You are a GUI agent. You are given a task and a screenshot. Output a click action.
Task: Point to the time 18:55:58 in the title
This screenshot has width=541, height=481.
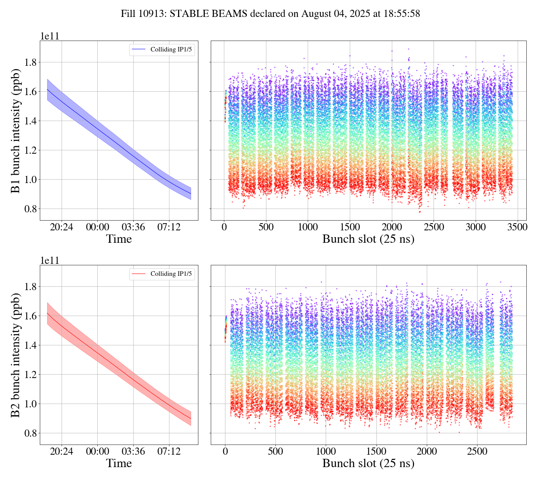pos(402,14)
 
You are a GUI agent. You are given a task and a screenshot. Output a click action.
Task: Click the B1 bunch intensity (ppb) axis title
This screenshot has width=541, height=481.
pos(15,130)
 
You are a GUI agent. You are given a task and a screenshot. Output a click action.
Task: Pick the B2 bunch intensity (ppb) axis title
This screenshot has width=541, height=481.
pos(15,355)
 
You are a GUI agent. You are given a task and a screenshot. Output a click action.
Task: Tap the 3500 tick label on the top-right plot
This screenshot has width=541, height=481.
pos(517,227)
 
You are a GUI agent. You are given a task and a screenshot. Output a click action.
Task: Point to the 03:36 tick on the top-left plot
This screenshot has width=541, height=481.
pos(133,227)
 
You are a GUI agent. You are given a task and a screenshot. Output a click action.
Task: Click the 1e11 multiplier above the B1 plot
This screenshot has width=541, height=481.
pos(50,36)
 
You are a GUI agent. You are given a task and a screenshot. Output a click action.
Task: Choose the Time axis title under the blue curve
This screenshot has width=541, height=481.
pos(119,239)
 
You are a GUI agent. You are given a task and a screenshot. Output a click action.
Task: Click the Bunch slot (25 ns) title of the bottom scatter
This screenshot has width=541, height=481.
pos(368,463)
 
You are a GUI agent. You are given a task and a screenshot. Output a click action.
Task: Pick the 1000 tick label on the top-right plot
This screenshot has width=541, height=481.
pos(308,227)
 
